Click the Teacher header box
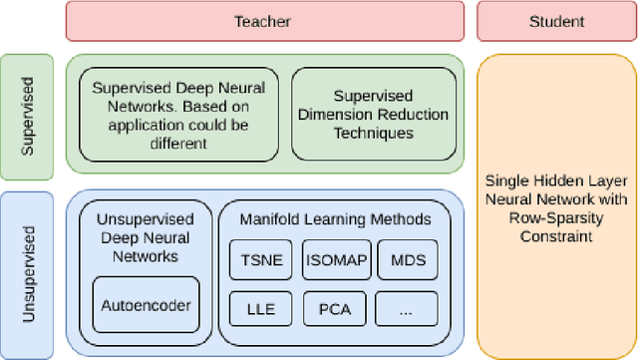[264, 21]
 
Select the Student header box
[556, 21]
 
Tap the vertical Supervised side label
[28, 113]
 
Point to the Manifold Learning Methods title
[334, 218]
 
